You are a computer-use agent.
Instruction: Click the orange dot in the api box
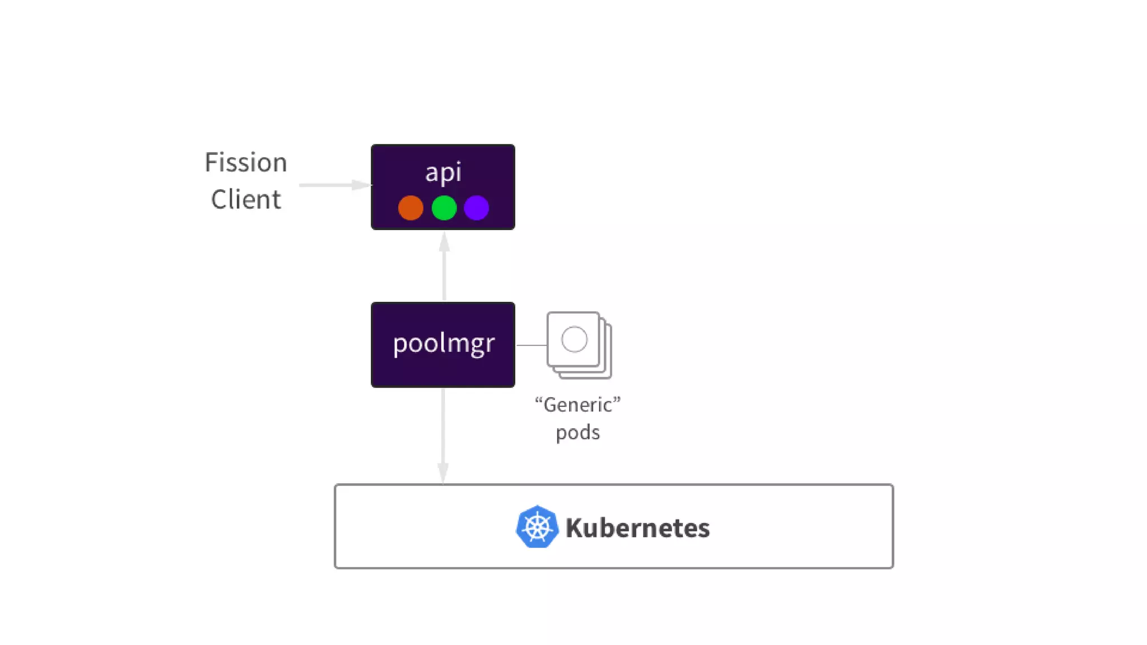point(411,208)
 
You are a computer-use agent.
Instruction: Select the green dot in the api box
point(444,208)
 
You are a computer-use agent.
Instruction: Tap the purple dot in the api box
point(477,208)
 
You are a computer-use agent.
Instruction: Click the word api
point(443,172)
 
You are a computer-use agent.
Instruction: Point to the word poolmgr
point(444,343)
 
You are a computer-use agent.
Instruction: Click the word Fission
point(246,162)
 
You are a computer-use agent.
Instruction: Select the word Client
point(246,199)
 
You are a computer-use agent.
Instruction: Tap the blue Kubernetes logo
point(537,527)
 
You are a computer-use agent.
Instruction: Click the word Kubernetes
point(637,528)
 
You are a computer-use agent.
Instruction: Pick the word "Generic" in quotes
point(578,404)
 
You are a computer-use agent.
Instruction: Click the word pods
point(578,432)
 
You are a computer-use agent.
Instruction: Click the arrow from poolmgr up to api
point(444,269)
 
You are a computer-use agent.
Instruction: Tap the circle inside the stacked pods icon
point(574,339)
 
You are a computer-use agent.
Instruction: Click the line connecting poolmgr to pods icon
point(531,345)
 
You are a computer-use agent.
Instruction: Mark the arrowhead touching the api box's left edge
point(361,185)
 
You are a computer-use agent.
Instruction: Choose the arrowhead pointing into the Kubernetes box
point(443,474)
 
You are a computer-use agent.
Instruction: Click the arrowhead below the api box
point(444,242)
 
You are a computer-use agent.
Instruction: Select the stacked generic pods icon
point(579,345)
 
